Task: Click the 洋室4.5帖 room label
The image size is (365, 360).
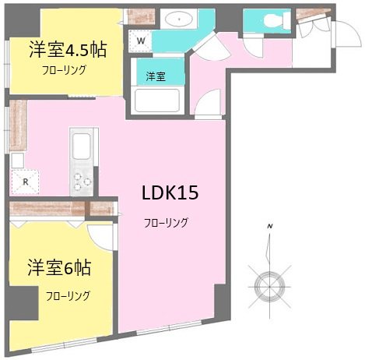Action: tap(68, 49)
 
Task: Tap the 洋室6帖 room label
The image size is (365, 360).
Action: tap(61, 269)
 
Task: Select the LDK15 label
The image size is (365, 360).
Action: tap(170, 192)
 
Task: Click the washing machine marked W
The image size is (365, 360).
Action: tap(141, 40)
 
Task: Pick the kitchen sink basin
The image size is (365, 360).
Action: tap(81, 146)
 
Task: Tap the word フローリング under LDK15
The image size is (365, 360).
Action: tap(166, 223)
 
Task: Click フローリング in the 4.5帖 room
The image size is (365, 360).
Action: tap(64, 70)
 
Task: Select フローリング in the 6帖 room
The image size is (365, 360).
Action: tap(67, 296)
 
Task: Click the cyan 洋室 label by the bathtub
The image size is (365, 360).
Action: tap(156, 76)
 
